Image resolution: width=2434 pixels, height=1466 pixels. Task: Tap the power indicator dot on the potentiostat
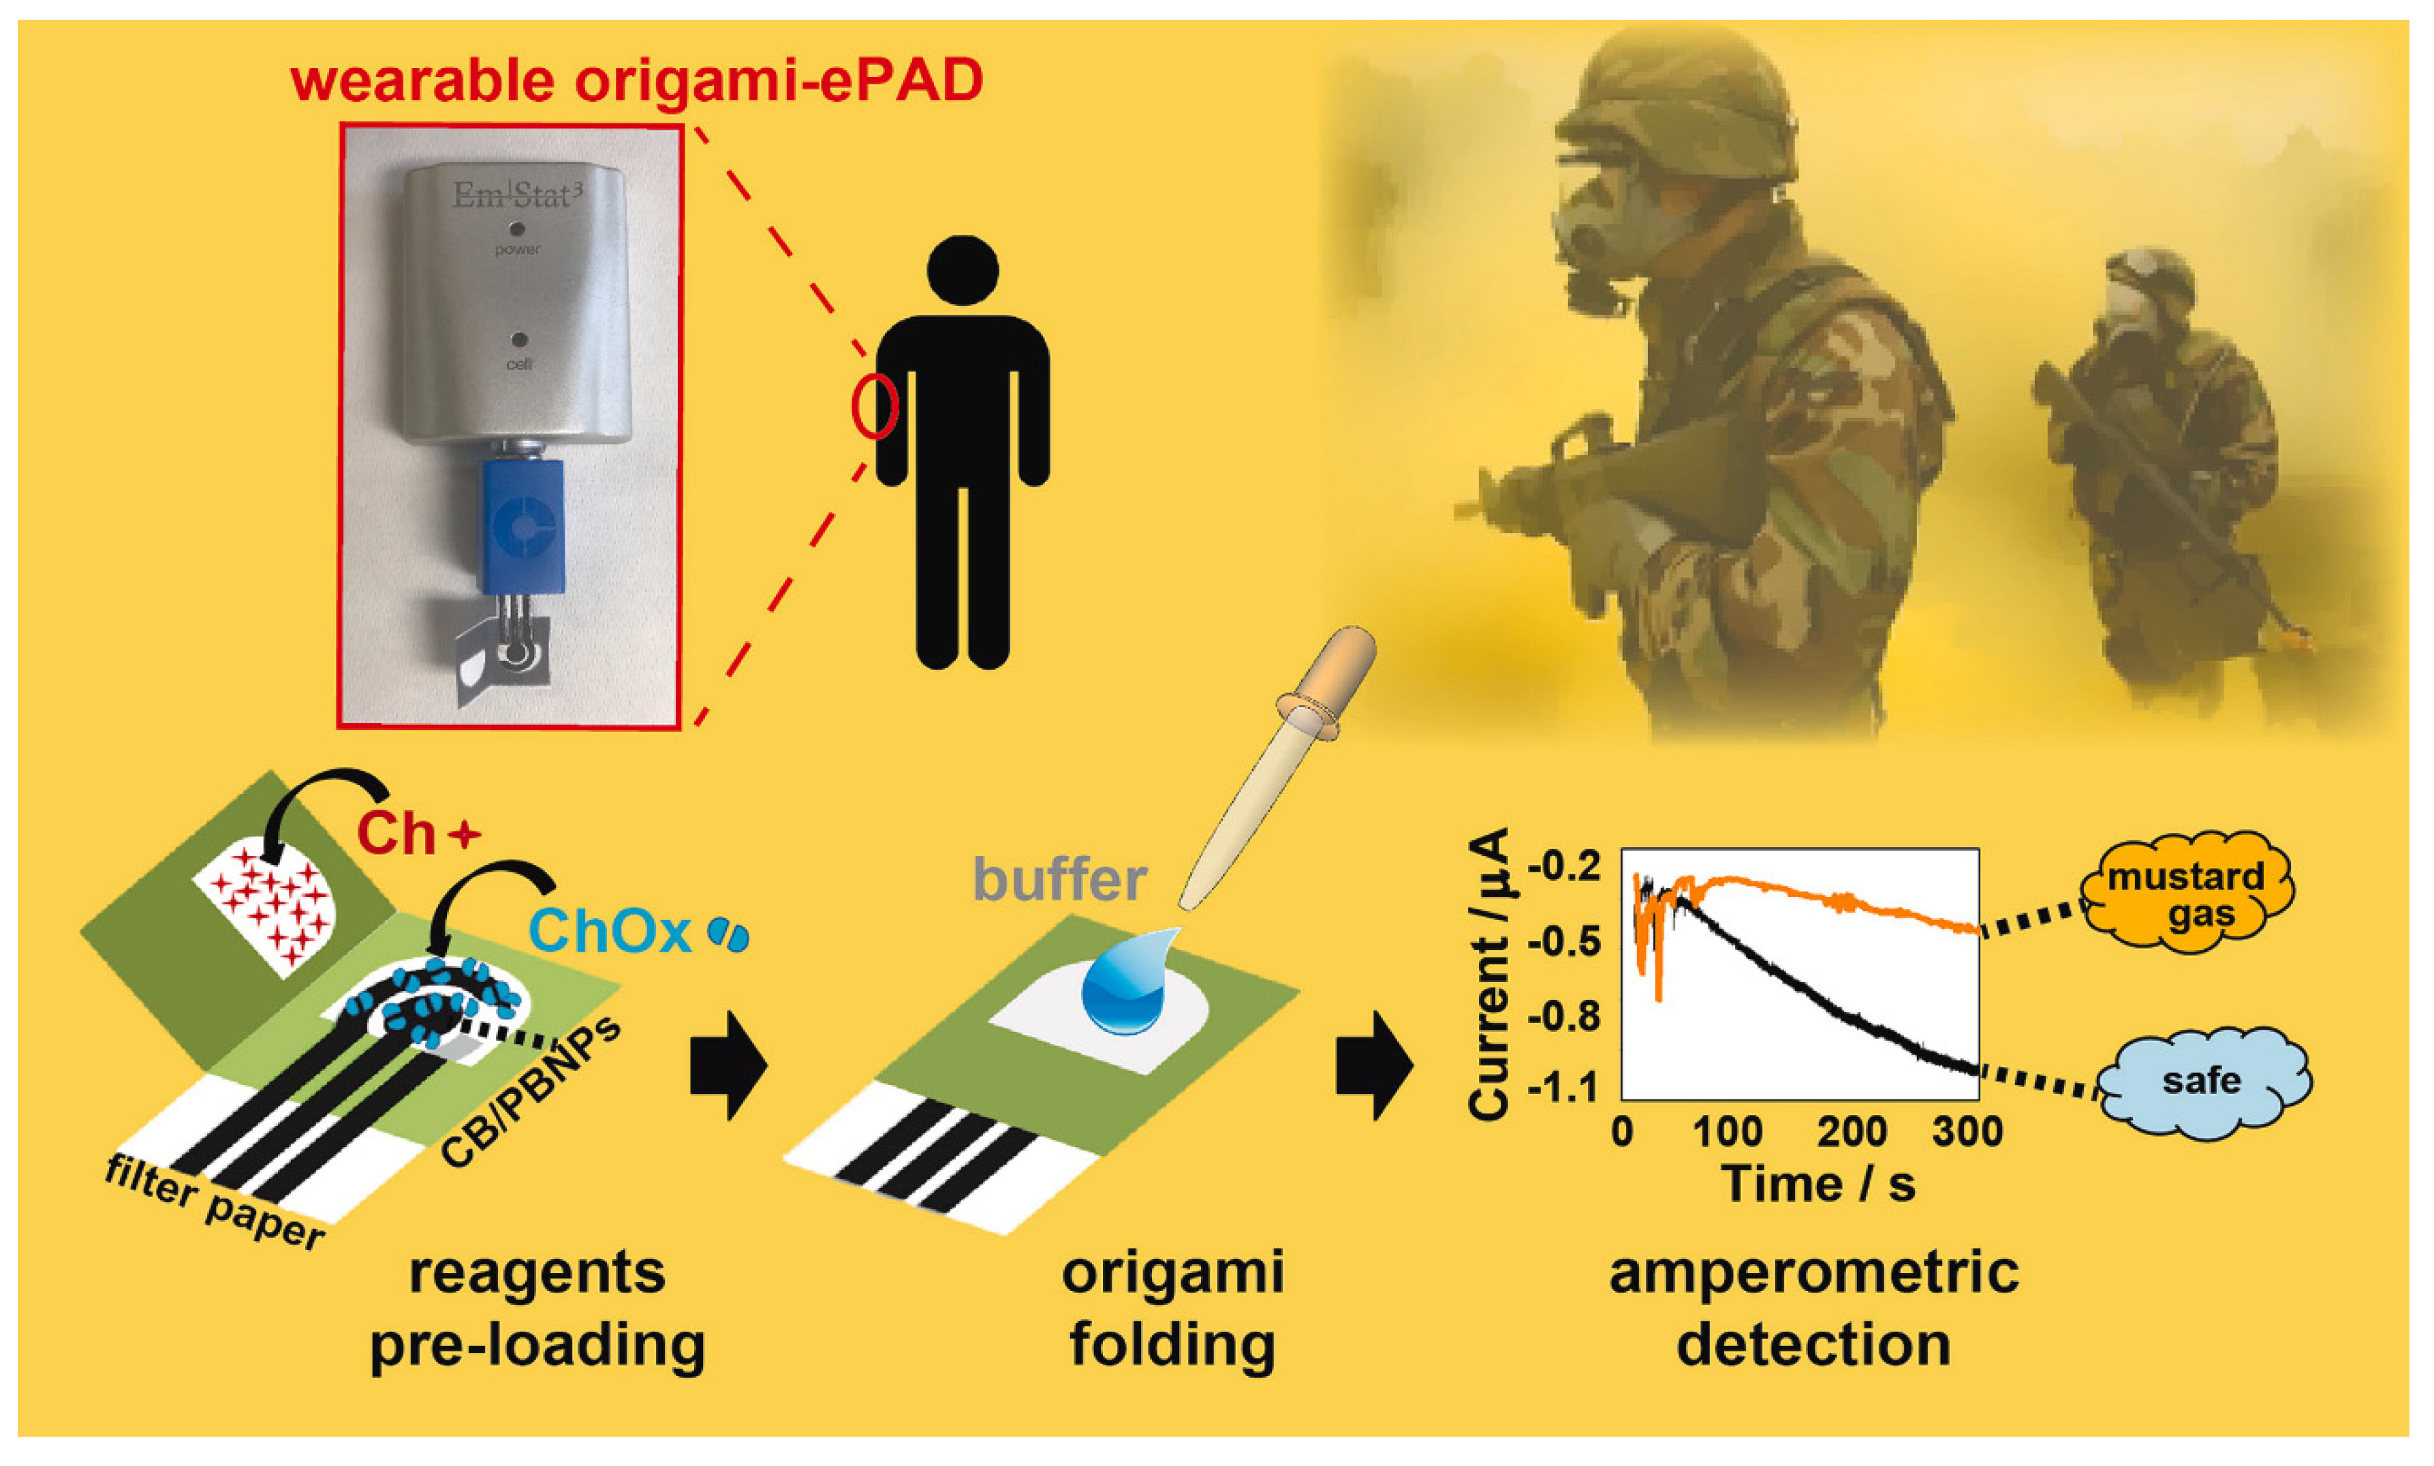point(518,229)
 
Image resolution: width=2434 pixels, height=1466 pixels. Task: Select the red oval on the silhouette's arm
point(874,406)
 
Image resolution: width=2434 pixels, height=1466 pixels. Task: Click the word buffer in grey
point(1059,879)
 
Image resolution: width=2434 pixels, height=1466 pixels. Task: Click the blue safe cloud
point(2201,1082)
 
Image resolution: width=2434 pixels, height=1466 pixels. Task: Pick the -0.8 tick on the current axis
point(1563,1015)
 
